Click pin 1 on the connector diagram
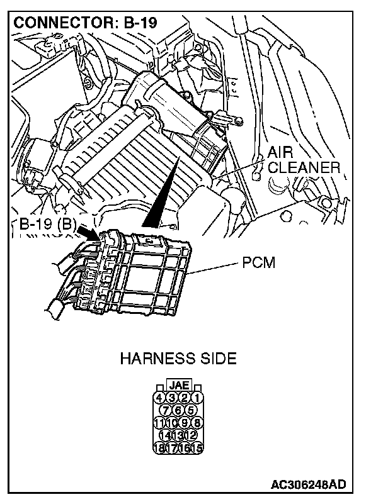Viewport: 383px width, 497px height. tap(198, 398)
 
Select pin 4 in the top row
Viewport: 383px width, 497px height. tap(160, 398)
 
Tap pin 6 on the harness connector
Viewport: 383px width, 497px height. tap(179, 410)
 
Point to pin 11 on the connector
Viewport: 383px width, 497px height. tap(160, 423)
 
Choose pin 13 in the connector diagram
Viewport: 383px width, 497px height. tap(179, 435)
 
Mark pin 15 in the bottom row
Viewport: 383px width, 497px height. tap(198, 448)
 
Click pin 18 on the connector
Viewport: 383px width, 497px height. tap(160, 448)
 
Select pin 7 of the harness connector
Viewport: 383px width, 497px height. tap(168, 410)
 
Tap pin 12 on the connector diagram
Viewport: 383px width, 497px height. tap(191, 435)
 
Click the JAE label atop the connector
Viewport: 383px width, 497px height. tap(179, 386)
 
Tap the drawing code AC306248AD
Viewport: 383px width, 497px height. tap(309, 484)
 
